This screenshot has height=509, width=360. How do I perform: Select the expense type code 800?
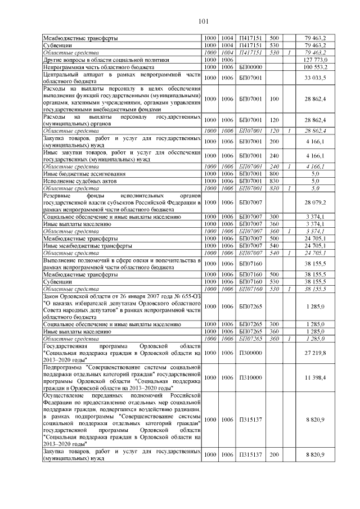pos(274,174)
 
